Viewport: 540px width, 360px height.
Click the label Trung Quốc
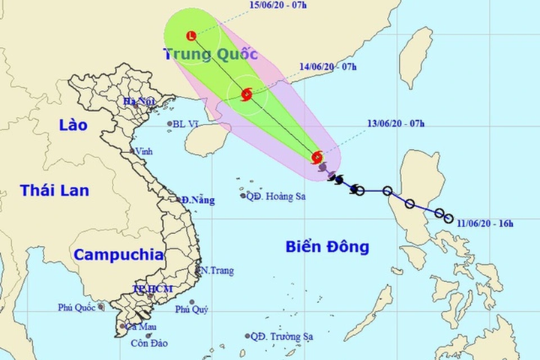[210, 54]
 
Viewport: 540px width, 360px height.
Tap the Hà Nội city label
[139, 101]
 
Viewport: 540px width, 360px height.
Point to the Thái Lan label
[55, 190]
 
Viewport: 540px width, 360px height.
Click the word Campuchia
[118, 254]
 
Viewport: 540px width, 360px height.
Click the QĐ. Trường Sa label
[282, 336]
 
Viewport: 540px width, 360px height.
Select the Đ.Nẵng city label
[197, 200]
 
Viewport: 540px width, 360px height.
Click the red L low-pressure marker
[191, 34]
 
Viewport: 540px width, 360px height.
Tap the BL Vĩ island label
[184, 124]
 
